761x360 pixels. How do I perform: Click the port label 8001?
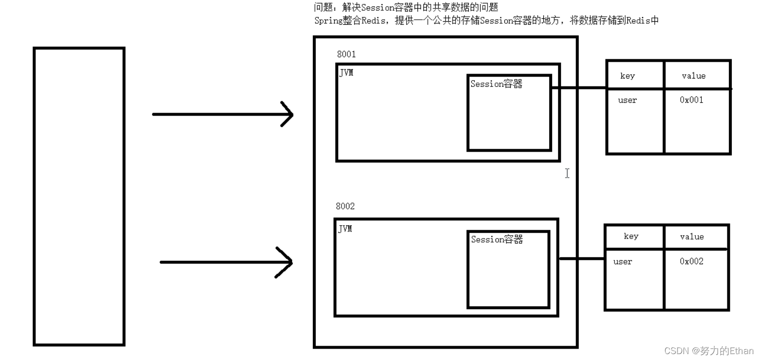(346, 54)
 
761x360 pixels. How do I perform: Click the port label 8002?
(345, 206)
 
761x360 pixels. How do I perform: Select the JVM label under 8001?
(346, 73)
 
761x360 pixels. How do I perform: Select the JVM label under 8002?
(345, 229)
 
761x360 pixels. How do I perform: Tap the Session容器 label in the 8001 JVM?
(496, 84)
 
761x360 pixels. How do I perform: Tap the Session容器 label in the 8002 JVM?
(496, 240)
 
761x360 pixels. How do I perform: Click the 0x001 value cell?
(691, 100)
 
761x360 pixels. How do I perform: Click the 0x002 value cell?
(691, 261)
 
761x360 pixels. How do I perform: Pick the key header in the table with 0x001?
(627, 76)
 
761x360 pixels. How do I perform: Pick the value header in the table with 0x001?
(693, 76)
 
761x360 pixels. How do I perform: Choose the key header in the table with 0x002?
(631, 236)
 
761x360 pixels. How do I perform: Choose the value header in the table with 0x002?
(691, 237)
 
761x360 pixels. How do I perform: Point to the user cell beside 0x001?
(627, 100)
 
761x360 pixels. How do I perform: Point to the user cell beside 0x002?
(622, 262)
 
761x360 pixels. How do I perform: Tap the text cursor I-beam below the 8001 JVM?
(567, 173)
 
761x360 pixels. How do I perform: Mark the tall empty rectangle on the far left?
(79, 196)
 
